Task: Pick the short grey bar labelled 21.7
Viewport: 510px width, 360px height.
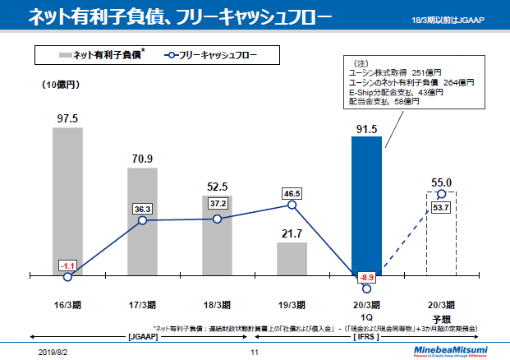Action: point(292,258)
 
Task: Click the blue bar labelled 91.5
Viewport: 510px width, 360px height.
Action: point(366,205)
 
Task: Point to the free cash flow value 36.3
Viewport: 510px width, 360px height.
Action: point(143,210)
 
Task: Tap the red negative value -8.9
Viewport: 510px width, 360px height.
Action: point(366,277)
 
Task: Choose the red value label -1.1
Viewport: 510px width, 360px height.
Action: point(67,265)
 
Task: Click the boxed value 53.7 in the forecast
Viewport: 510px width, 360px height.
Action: point(441,208)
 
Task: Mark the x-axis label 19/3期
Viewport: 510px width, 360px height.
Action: point(292,303)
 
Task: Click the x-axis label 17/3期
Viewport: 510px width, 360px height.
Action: point(142,303)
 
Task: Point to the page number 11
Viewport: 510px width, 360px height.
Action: point(255,351)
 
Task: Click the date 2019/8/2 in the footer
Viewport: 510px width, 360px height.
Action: point(53,351)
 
